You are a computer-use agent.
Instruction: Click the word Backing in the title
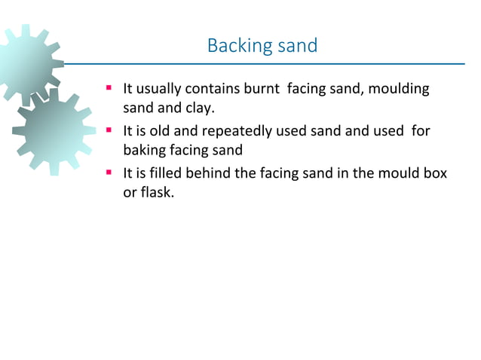pyautogui.click(x=234, y=46)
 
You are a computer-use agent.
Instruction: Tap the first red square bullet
pyautogui.click(x=109, y=90)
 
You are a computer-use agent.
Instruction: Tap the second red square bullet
pyautogui.click(x=109, y=131)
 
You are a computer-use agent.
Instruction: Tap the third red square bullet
pyautogui.click(x=109, y=173)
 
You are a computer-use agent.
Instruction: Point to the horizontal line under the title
pyautogui.click(x=264, y=64)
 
